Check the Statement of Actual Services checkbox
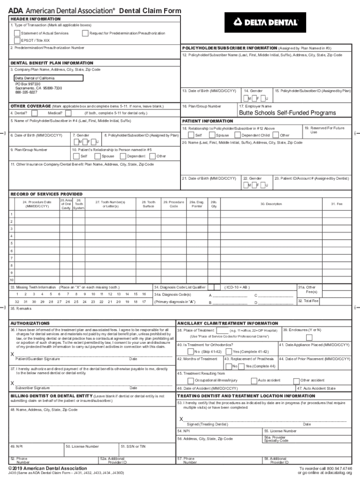[17, 33]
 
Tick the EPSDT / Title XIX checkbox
[17, 40]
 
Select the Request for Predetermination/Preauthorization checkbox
[85, 33]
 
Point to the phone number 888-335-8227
[27, 93]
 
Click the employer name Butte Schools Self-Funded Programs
[287, 113]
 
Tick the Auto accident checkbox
[254, 381]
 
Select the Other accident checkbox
[297, 381]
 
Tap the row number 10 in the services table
[12, 280]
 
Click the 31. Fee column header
[337, 204]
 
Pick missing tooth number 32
[17, 302]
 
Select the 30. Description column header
[271, 204]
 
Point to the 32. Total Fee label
[308, 301]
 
